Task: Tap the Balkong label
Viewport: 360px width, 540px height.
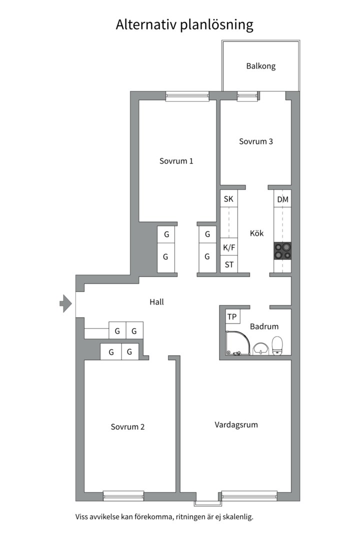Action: (260, 66)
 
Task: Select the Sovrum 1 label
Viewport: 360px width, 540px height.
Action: (176, 161)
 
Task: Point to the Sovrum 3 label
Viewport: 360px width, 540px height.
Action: (255, 141)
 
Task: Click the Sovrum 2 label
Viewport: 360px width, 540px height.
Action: (127, 427)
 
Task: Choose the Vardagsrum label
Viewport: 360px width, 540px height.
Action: (236, 425)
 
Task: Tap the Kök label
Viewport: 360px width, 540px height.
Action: (256, 233)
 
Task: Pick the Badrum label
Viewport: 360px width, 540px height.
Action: (264, 326)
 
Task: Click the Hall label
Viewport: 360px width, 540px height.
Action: (156, 302)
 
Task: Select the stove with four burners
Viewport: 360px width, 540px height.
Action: (282, 250)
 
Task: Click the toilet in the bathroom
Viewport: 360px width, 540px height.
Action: (277, 345)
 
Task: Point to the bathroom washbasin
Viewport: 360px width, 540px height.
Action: (260, 348)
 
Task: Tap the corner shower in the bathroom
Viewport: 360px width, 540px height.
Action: (237, 343)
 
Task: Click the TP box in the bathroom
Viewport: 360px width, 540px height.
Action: (232, 316)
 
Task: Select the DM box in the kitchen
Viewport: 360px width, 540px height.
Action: (282, 199)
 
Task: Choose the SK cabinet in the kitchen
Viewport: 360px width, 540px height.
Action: (228, 199)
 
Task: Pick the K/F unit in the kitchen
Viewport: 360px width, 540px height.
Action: (229, 247)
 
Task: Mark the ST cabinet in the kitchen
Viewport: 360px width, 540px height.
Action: (229, 265)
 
